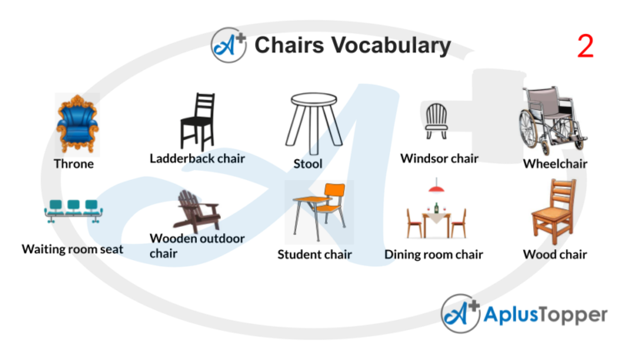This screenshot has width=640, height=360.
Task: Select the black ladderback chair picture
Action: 198,122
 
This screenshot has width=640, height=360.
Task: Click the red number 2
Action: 585,47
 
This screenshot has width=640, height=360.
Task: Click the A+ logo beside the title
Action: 229,45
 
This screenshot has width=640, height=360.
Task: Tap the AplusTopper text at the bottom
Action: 546,315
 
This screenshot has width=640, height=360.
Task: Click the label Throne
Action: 74,164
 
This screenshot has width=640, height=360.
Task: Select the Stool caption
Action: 307,164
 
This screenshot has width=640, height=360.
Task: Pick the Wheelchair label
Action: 555,164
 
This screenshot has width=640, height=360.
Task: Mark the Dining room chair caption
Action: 433,255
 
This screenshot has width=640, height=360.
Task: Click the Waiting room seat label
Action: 72,248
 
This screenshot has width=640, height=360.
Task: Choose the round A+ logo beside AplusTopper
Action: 461,315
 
